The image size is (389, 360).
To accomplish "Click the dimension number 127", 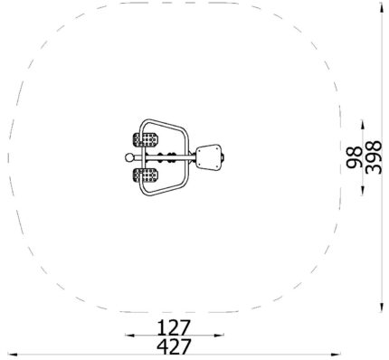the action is pyautogui.click(x=175, y=328).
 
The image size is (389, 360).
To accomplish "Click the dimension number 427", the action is pyautogui.click(x=174, y=346).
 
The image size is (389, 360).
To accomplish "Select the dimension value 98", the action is pyautogui.click(x=354, y=157).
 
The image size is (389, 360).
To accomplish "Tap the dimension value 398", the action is pyautogui.click(x=374, y=157).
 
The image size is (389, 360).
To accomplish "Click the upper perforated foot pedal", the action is pyautogui.click(x=146, y=139).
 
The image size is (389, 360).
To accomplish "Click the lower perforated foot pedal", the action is pyautogui.click(x=146, y=175).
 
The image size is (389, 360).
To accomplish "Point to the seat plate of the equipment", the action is pyautogui.click(x=209, y=157).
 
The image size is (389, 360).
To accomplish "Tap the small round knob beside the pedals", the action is pyautogui.click(x=129, y=157).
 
